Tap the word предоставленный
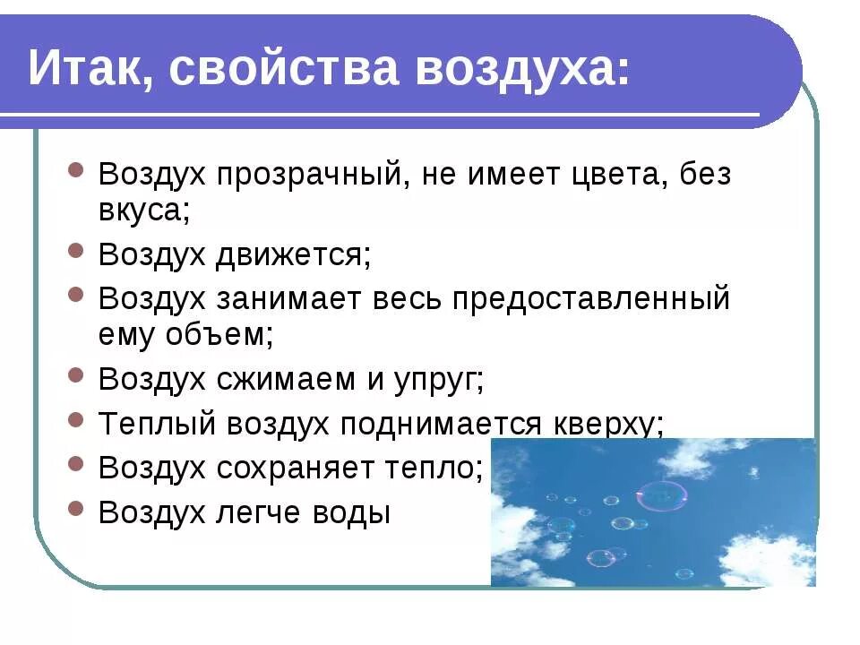tap(591, 298)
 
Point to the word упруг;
tap(438, 380)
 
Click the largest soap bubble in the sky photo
tap(662, 495)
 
